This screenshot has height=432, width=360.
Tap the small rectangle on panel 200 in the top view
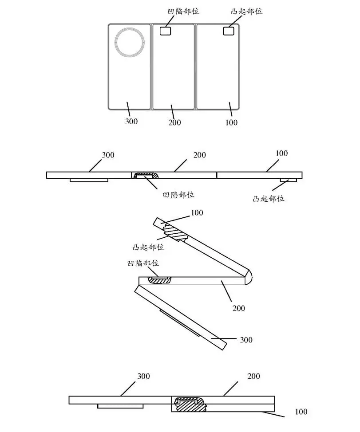(166, 31)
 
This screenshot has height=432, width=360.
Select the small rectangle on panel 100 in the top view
(229, 31)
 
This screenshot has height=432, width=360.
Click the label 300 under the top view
(131, 122)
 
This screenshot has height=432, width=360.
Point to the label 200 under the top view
(175, 122)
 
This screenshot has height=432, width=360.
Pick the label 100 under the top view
(232, 122)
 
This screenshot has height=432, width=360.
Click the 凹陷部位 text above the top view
(183, 11)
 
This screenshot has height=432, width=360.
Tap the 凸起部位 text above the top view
(247, 11)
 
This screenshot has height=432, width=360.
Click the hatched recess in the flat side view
(146, 175)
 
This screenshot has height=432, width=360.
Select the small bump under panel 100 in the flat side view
(289, 180)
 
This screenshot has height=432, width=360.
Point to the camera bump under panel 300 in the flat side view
(89, 180)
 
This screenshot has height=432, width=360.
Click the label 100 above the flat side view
(281, 153)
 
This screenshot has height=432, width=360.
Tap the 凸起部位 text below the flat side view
(269, 199)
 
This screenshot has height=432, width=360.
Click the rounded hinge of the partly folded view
(249, 277)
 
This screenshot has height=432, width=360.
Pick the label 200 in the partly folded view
(239, 308)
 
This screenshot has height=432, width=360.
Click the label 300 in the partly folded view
(246, 340)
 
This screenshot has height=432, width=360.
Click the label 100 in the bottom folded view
(301, 412)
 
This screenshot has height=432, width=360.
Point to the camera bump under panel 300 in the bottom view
(120, 406)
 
